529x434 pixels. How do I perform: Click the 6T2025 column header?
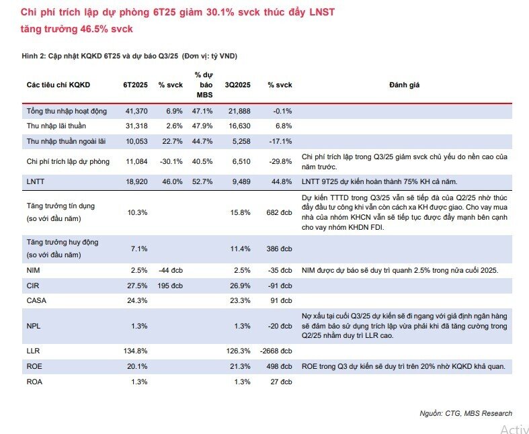135,85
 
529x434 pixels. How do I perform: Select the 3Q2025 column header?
238,85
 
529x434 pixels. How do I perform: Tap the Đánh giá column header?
405,85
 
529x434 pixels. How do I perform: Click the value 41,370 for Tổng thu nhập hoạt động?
136,111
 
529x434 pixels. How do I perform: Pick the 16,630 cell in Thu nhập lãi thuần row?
239,126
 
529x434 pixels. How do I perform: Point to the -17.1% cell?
281,141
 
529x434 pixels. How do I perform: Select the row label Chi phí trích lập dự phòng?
68,161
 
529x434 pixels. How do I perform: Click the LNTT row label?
36,182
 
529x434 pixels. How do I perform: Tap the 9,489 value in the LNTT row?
241,182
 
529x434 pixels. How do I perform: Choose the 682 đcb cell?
280,212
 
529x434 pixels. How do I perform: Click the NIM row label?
33,271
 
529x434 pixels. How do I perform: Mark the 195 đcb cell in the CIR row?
170,286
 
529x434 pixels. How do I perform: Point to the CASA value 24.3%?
137,301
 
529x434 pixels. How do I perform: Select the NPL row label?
34,326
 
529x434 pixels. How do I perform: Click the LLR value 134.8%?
136,351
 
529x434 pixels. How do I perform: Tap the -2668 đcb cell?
276,351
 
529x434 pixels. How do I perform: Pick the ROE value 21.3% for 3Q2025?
240,367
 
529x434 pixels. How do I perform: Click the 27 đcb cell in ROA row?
282,382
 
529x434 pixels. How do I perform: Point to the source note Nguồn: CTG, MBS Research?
466,413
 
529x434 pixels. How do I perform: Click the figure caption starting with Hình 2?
130,56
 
